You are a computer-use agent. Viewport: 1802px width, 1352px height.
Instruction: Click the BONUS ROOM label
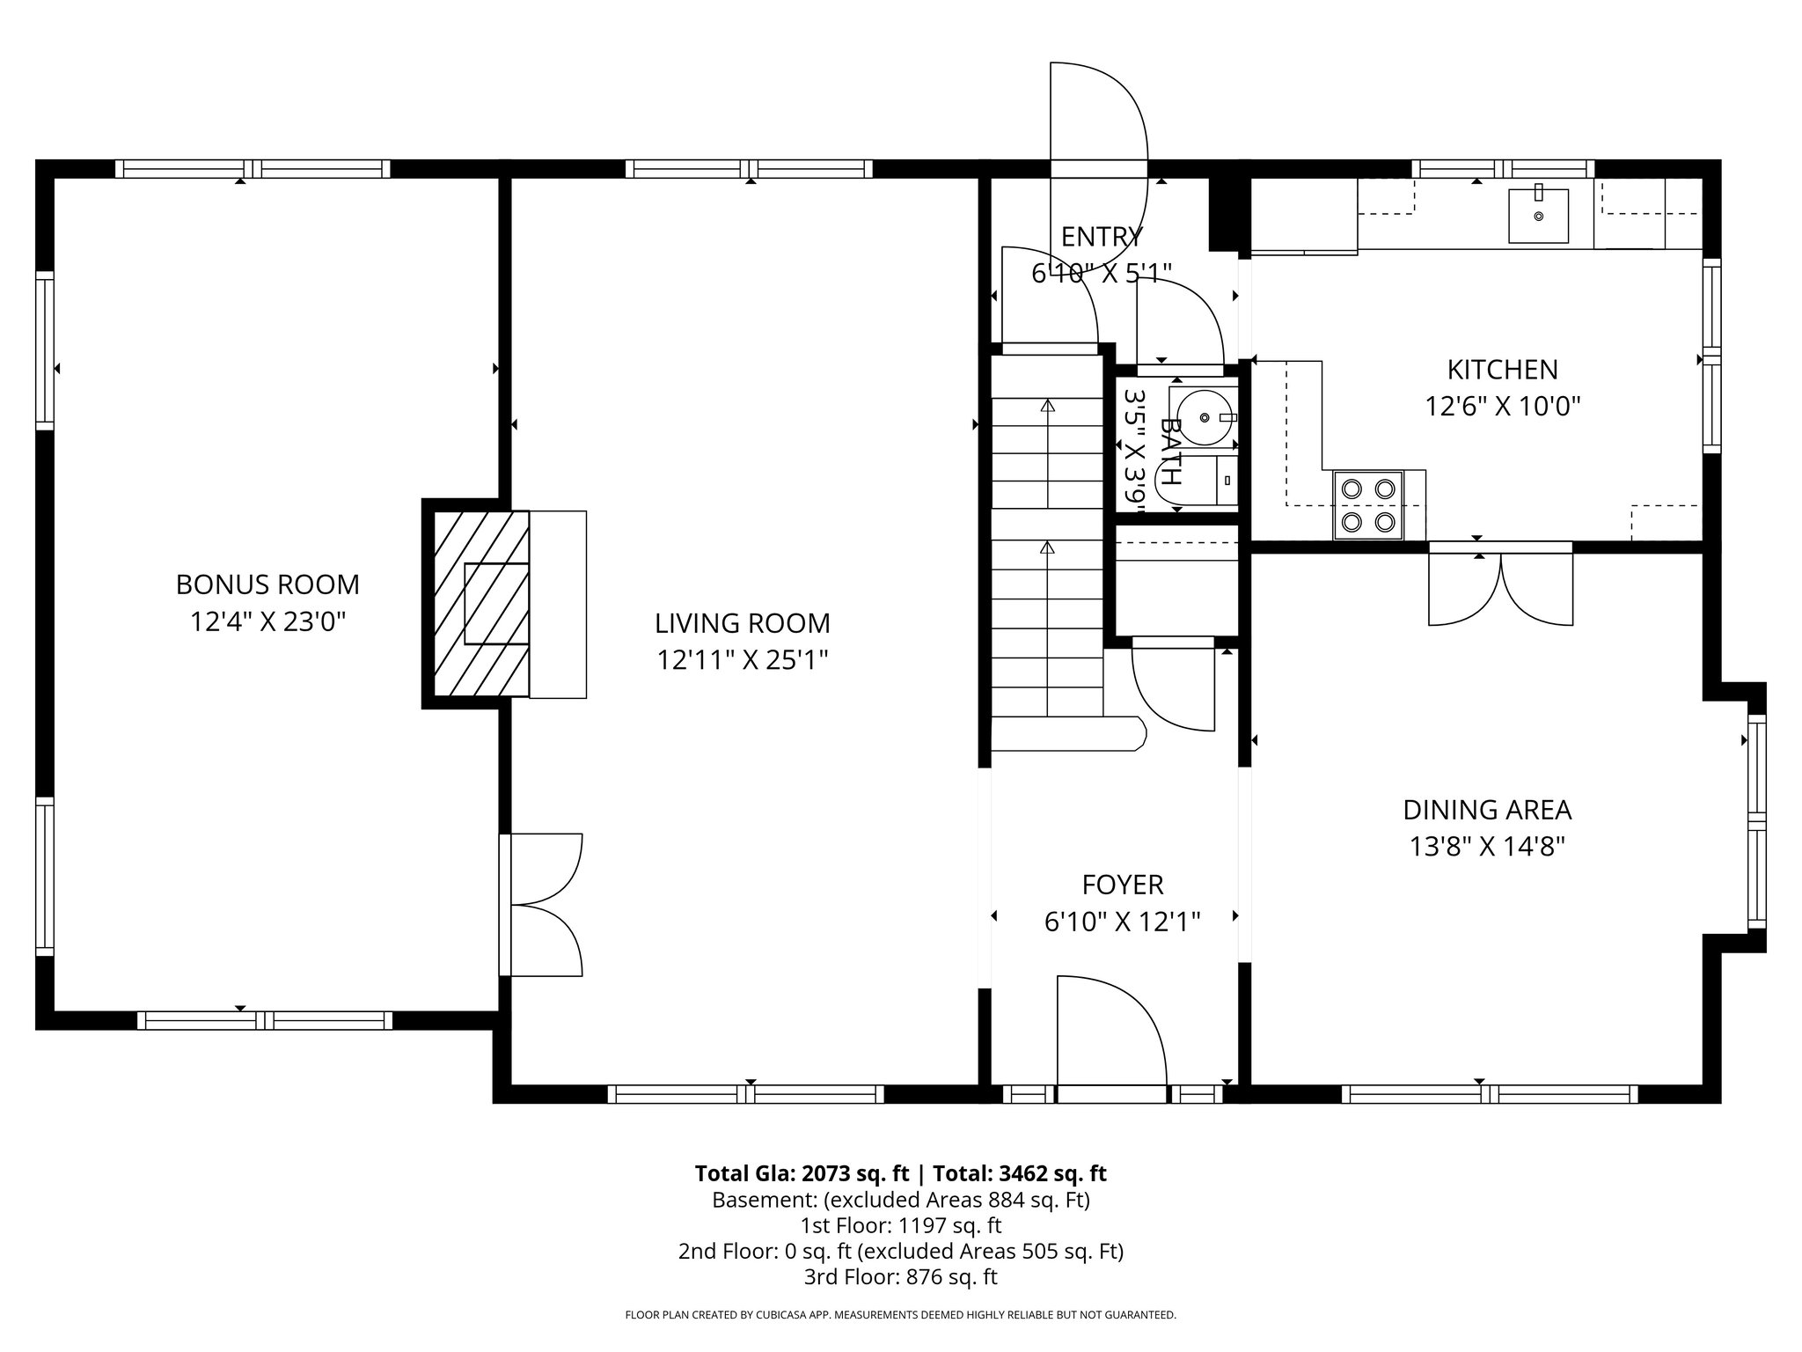click(x=267, y=584)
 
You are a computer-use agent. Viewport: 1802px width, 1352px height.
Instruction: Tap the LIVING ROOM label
click(x=743, y=623)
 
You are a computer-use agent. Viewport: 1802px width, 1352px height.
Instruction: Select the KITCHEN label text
click(x=1503, y=369)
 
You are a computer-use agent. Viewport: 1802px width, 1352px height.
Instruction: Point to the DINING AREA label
click(x=1487, y=810)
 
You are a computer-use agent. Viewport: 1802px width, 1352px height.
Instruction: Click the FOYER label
click(x=1123, y=885)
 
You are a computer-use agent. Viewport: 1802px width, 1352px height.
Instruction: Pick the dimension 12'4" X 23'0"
click(x=267, y=622)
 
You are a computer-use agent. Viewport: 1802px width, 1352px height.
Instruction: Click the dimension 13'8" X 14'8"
click(x=1487, y=847)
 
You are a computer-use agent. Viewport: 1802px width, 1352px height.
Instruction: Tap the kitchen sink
click(x=1539, y=216)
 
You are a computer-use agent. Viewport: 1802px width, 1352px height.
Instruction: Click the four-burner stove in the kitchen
click(x=1369, y=505)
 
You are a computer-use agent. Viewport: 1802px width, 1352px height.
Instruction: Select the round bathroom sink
click(x=1204, y=417)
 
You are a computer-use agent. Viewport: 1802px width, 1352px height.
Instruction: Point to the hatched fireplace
click(x=476, y=604)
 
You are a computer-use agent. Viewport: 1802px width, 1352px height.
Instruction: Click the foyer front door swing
click(x=1112, y=1031)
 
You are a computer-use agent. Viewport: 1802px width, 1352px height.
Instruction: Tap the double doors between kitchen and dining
click(x=1500, y=588)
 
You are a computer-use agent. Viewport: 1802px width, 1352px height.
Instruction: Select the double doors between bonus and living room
click(x=541, y=904)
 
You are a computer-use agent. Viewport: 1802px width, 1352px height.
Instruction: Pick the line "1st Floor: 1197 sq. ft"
click(x=900, y=1225)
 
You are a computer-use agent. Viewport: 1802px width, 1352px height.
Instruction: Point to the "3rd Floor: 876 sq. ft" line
click(x=900, y=1276)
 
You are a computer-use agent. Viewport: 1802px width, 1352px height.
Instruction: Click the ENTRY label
click(x=1102, y=237)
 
